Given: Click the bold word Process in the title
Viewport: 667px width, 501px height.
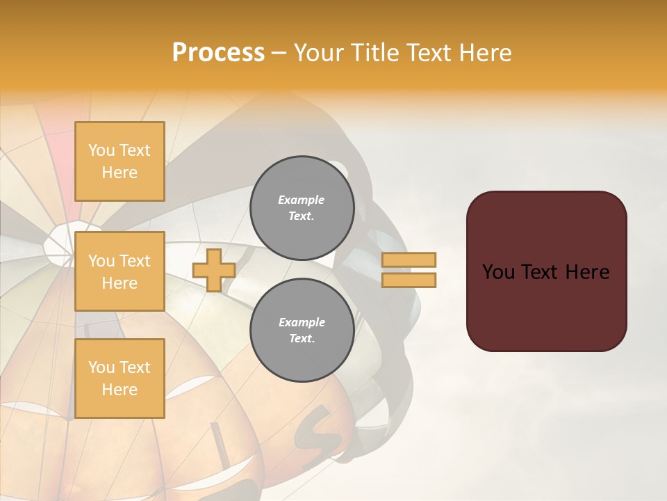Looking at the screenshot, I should (218, 53).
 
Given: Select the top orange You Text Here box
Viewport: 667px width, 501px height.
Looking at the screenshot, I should (120, 161).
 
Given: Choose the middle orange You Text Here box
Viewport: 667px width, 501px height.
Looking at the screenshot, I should (120, 271).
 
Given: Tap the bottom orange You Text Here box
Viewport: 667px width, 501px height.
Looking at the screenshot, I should (120, 379).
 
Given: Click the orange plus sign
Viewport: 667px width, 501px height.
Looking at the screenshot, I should (214, 271).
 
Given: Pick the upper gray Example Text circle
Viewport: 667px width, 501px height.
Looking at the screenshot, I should (302, 208).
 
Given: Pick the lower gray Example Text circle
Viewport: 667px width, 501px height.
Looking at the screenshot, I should (302, 331).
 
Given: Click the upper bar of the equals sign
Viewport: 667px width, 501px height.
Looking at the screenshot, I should (409, 260).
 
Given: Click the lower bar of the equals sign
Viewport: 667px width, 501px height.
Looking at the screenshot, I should (409, 280).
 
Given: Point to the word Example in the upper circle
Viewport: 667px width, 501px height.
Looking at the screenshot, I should (302, 200).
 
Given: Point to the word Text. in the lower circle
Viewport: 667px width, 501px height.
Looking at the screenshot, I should (302, 339).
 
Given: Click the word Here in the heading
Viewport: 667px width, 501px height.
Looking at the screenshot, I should (484, 53).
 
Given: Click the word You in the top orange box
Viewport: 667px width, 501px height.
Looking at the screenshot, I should (101, 150).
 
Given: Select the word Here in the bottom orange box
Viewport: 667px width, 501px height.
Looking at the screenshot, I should (120, 390).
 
